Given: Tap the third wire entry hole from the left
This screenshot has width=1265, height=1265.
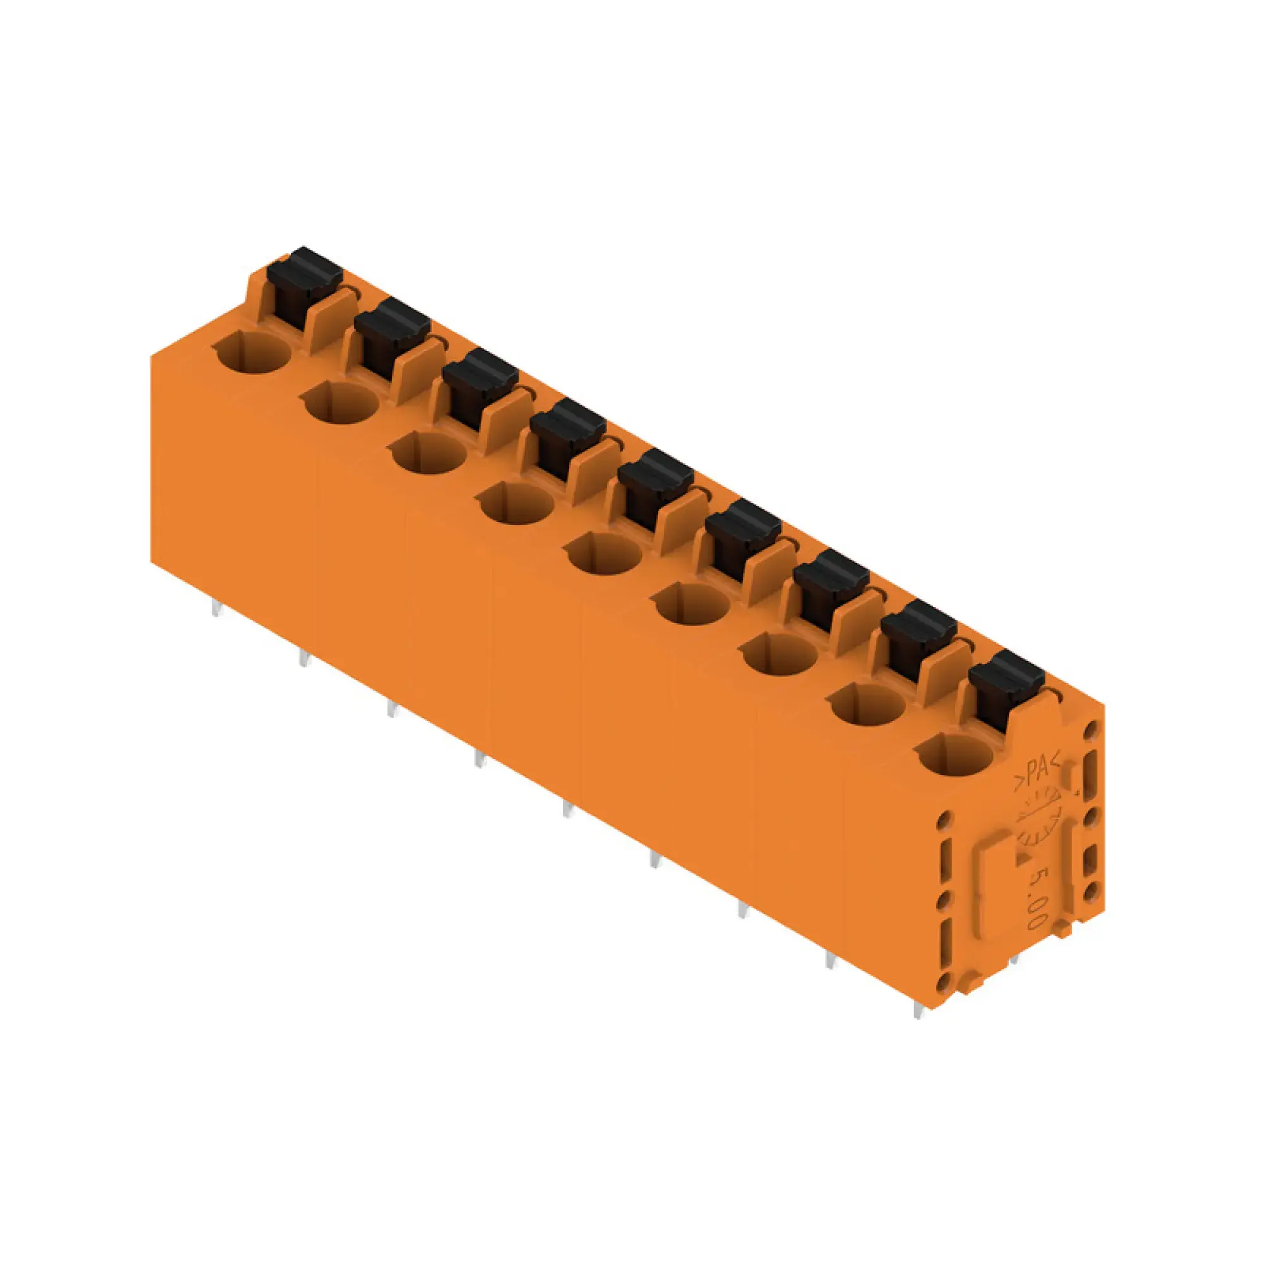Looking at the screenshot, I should (x=429, y=453).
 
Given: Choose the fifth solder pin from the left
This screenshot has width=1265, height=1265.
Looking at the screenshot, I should (x=567, y=811).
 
